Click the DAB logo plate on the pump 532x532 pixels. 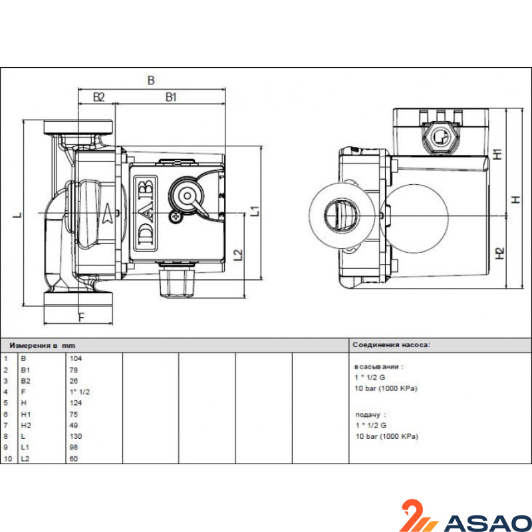pyautogui.click(x=146, y=213)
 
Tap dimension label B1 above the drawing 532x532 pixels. pyautogui.click(x=171, y=97)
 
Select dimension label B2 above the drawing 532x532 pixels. pyautogui.click(x=98, y=97)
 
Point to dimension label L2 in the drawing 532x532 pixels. pyautogui.click(x=239, y=255)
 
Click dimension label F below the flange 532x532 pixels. pyautogui.click(x=81, y=318)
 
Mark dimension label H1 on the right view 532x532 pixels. pyautogui.click(x=497, y=154)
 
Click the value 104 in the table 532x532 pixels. pyautogui.click(x=76, y=358)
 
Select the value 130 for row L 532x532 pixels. pyautogui.click(x=76, y=436)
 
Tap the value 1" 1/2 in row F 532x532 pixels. pyautogui.click(x=80, y=392)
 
